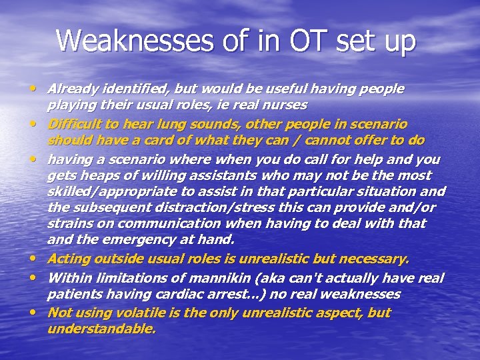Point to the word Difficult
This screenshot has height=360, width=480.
click(x=74, y=124)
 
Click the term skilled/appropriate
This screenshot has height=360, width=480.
click(x=109, y=192)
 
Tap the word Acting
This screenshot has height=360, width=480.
click(x=66, y=259)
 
